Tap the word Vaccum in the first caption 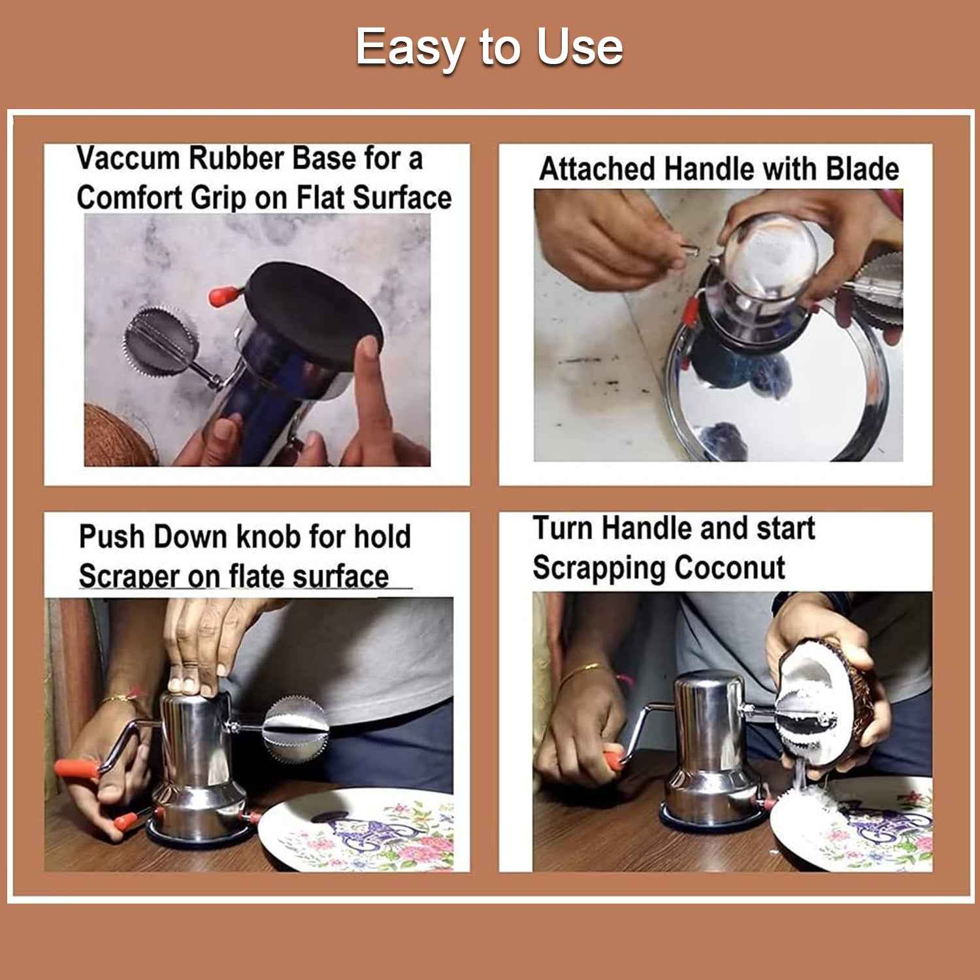tap(127, 159)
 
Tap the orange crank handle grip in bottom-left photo tap(75, 770)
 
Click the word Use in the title tap(579, 47)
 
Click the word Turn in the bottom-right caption tap(563, 528)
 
